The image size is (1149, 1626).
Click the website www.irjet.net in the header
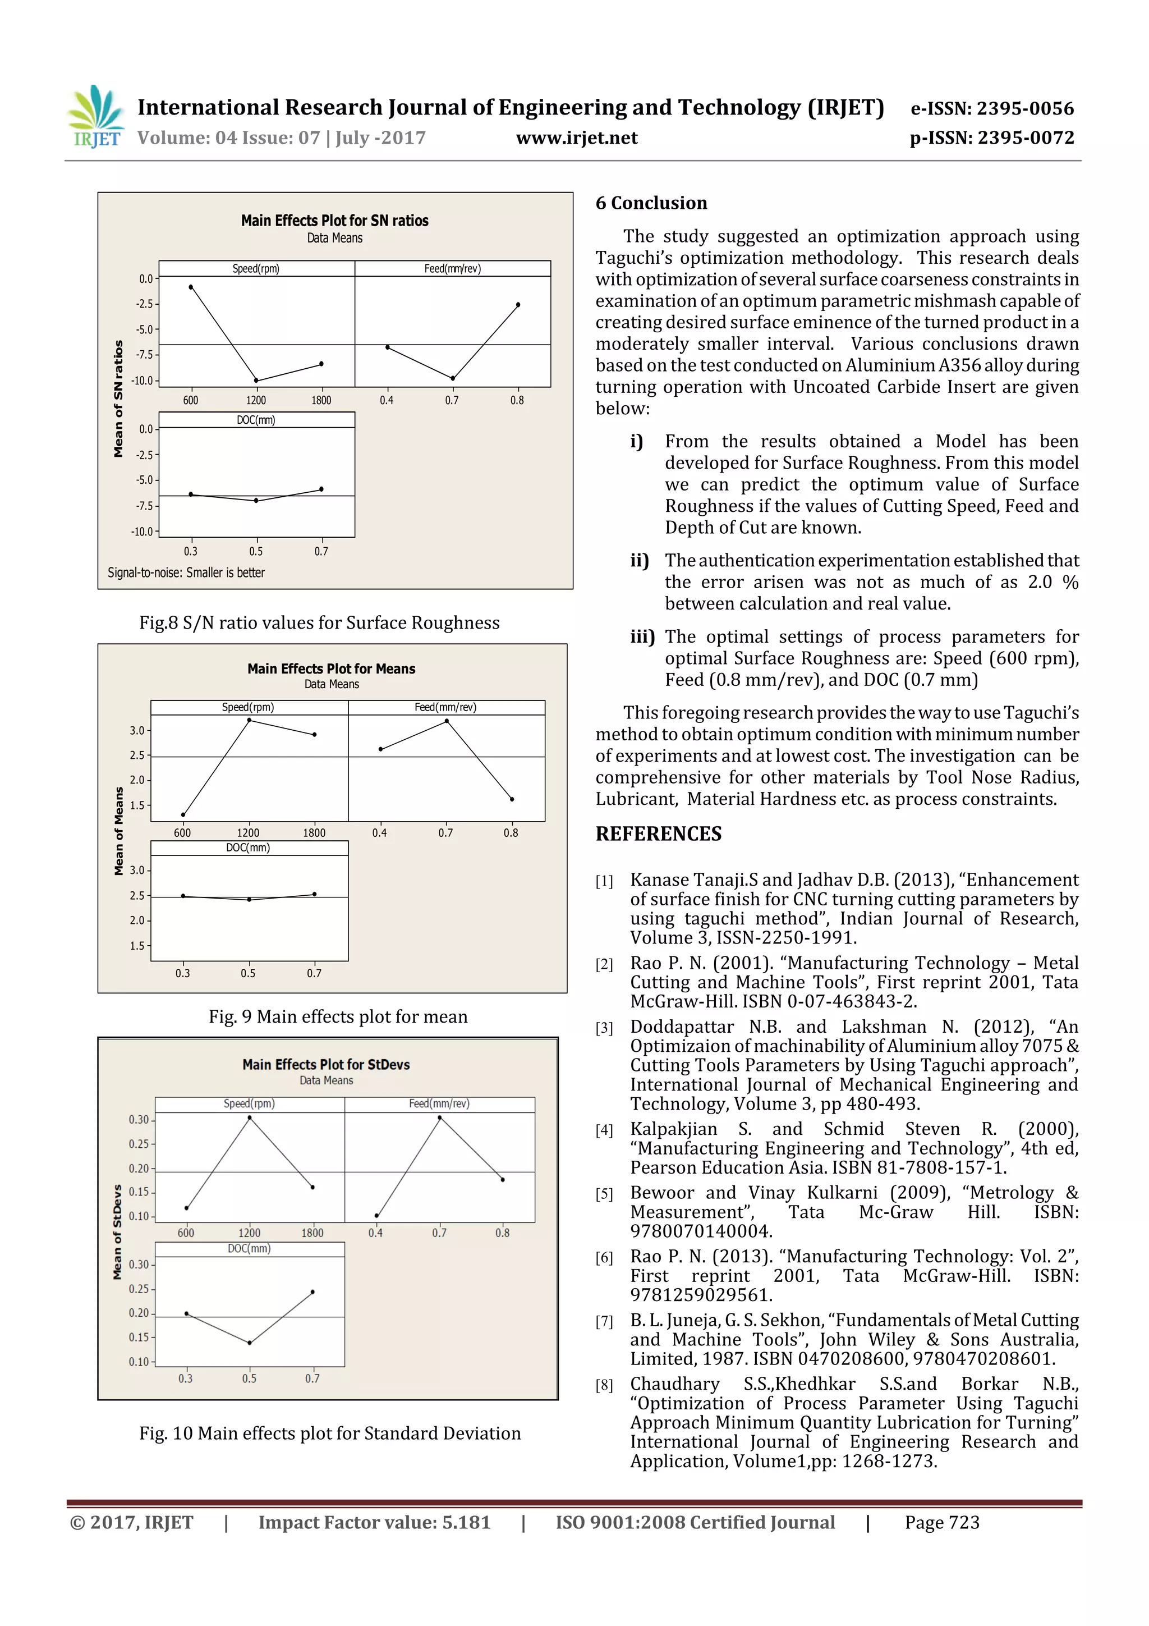pos(576,138)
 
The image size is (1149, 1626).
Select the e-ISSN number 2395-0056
pos(992,108)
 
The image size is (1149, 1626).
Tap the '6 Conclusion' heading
pos(651,203)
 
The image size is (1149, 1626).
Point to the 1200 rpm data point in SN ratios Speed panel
pos(256,381)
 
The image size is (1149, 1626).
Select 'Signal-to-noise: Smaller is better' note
pos(186,572)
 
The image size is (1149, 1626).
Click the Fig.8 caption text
pos(319,622)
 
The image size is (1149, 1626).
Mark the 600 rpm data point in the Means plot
pos(183,814)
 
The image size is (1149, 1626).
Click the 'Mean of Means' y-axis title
pos(118,831)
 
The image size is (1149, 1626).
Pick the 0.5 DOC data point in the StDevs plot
pos(249,1342)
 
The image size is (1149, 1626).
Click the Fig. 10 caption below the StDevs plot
pos(329,1433)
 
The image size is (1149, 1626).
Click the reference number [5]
pos(604,1194)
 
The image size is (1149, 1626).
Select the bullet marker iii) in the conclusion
pos(642,636)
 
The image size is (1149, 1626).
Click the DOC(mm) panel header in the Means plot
pos(248,848)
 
